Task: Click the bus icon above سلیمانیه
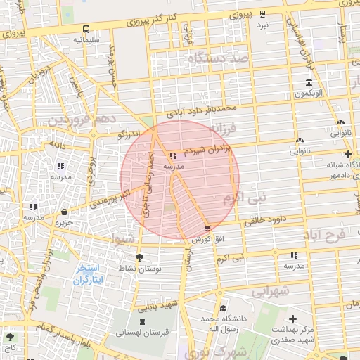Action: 86,30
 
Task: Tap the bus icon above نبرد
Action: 263,13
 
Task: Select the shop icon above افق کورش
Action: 207,228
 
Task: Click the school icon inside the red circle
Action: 173,155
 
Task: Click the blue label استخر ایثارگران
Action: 89,274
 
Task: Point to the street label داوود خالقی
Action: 266,219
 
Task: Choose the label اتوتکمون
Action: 308,93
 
